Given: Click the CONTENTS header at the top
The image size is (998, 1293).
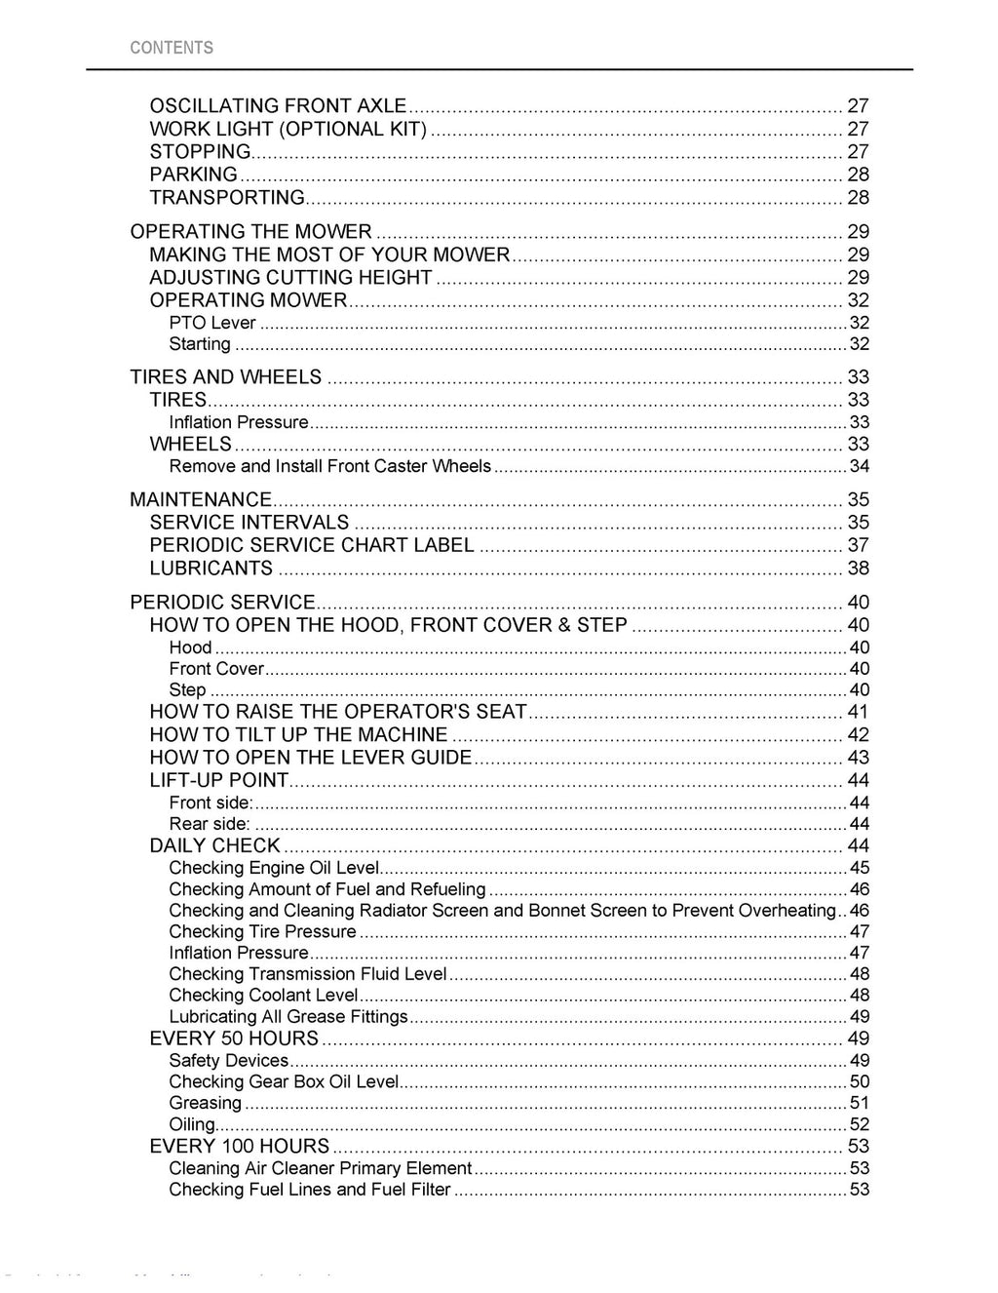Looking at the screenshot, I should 172,48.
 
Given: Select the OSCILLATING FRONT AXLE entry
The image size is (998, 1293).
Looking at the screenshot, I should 278,105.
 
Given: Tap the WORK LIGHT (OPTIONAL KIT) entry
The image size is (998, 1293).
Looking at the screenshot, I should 288,129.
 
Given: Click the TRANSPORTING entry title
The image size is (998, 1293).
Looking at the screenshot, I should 227,198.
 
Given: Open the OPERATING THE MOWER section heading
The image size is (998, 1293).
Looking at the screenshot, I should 250,232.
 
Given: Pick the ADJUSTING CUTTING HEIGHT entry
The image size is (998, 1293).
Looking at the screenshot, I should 290,278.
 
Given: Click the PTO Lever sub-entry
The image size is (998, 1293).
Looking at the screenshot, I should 212,323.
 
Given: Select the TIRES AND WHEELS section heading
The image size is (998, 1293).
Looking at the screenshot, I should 225,377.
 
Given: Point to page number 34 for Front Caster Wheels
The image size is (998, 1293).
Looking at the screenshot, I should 859,466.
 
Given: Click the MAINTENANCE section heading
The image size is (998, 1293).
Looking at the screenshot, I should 201,499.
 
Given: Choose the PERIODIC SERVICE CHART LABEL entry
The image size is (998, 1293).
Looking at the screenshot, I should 312,545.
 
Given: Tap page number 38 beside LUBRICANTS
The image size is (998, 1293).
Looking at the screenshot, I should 858,568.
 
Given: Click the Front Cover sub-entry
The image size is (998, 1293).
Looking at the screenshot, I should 216,669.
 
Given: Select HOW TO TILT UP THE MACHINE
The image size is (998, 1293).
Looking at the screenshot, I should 298,735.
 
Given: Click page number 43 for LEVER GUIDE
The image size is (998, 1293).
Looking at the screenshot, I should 858,758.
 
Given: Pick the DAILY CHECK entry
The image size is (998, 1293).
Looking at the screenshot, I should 214,845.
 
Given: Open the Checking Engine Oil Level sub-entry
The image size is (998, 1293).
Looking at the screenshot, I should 274,868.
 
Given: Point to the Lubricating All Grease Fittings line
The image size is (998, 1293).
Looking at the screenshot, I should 288,1017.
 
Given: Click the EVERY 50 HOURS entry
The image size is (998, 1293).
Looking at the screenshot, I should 234,1038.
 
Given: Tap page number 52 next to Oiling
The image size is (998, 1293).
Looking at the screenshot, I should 859,1124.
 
